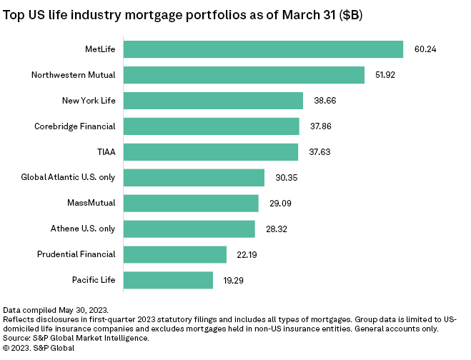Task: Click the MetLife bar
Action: (x=263, y=49)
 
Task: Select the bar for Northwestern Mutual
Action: (x=244, y=74)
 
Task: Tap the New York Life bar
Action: (x=213, y=100)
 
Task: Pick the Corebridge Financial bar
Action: (x=212, y=126)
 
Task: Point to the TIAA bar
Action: (x=211, y=151)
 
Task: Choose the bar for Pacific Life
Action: (x=168, y=279)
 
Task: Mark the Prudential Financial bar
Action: (x=175, y=254)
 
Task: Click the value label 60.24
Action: (x=425, y=49)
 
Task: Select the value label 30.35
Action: (x=286, y=177)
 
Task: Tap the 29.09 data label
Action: (x=279, y=203)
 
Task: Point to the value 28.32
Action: (x=276, y=229)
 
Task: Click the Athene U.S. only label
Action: (x=81, y=229)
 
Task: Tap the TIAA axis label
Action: (x=106, y=151)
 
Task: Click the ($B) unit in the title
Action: (x=349, y=15)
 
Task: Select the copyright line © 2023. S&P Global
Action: (x=39, y=348)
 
